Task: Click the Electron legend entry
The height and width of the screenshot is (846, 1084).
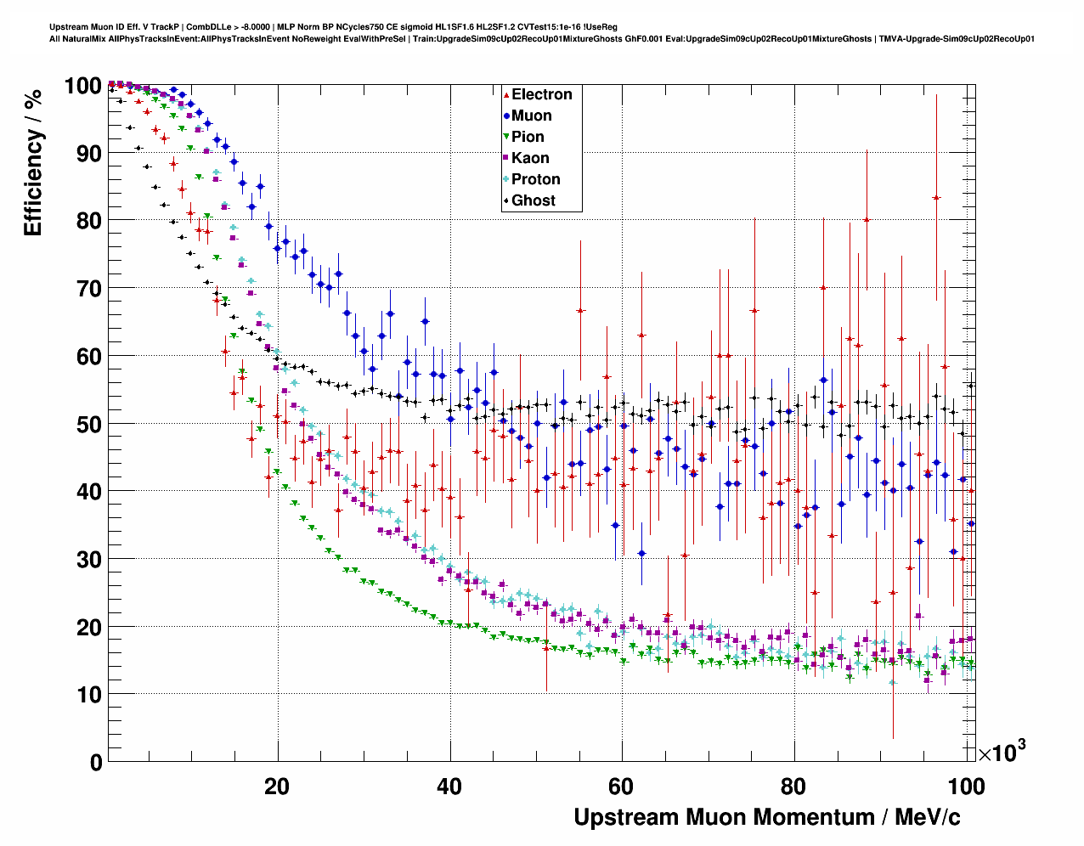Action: pos(541,94)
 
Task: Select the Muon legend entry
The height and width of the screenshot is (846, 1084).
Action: pos(531,116)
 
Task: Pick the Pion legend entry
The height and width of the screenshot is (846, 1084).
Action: pos(528,137)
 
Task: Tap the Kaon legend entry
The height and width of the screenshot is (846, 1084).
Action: pos(530,158)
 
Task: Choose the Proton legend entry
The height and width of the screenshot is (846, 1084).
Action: pos(535,179)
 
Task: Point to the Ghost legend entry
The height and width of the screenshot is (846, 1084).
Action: pos(533,200)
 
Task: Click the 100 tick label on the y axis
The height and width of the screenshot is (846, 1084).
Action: pos(83,86)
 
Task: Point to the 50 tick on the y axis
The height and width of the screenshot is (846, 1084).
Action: pos(88,424)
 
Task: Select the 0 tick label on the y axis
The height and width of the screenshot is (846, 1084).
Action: pos(96,762)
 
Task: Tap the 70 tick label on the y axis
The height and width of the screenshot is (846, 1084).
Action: pos(88,289)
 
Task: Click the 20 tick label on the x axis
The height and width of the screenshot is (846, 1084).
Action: pos(277,786)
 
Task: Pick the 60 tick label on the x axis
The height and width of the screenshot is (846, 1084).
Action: pos(621,786)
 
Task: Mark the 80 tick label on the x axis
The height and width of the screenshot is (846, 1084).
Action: pos(793,786)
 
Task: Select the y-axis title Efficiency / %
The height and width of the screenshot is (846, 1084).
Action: pos(33,162)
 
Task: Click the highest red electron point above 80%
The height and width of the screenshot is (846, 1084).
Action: pos(936,197)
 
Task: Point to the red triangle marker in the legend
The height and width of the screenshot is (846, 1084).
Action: pos(506,94)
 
